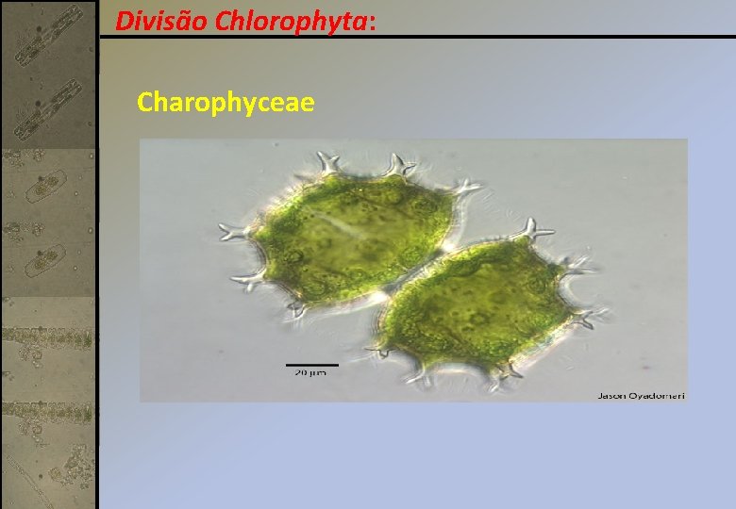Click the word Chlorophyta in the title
pos(292,20)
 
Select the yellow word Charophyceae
pos(226,101)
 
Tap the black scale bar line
pos(312,364)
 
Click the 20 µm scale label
pos(312,373)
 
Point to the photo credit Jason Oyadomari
pos(641,395)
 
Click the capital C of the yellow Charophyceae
pos(145,101)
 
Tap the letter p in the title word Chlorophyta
pos(320,23)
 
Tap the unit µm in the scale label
pos(319,374)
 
